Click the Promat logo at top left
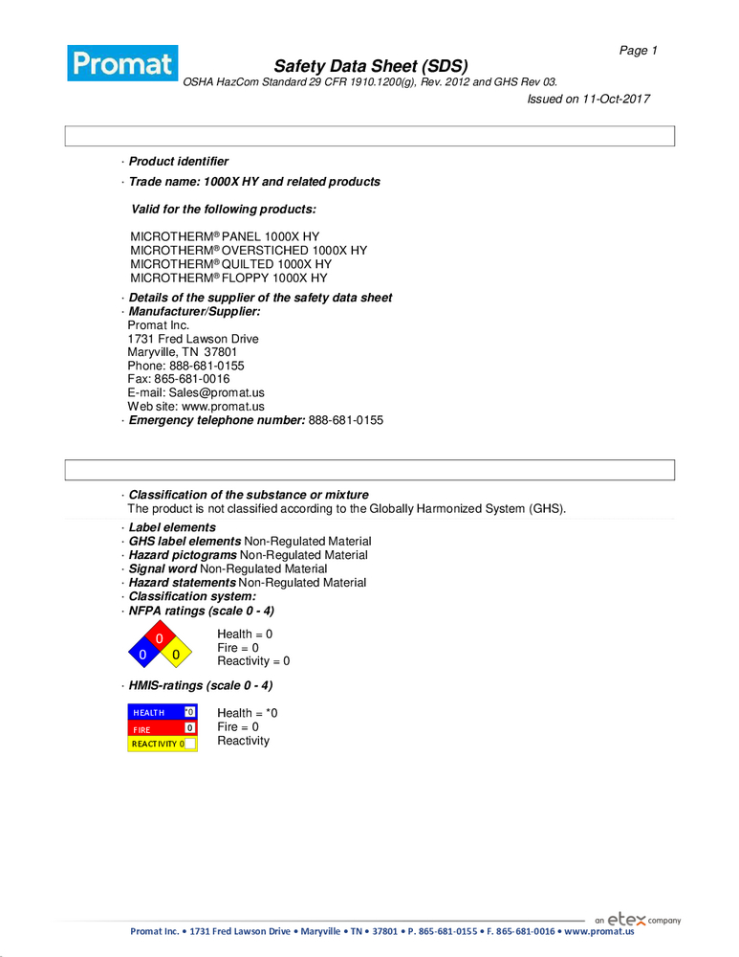(x=122, y=63)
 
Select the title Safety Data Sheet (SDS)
(x=371, y=66)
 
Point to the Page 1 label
(x=638, y=51)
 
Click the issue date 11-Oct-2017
(x=616, y=99)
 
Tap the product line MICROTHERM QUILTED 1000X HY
(x=230, y=264)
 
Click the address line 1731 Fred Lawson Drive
(x=192, y=339)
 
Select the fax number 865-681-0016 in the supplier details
(x=191, y=379)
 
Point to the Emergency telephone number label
(x=217, y=420)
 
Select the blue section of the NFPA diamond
(x=142, y=655)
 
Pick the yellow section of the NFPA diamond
(x=176, y=655)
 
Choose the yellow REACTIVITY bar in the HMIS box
(x=155, y=744)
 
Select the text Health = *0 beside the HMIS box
(x=247, y=713)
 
